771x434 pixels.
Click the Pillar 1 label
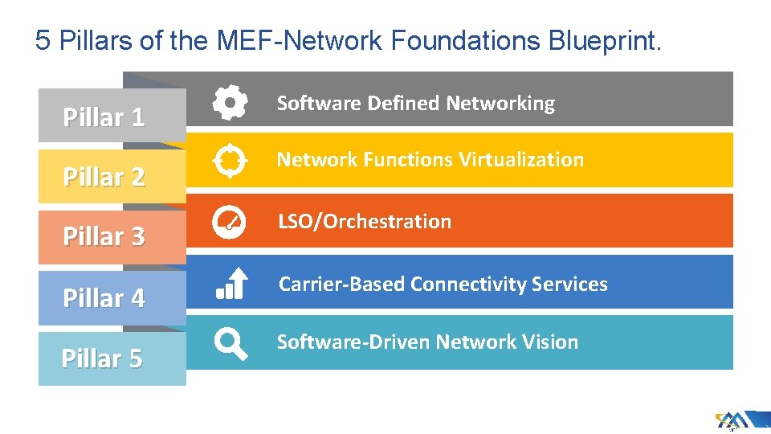pos(104,117)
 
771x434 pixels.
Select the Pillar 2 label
pos(104,177)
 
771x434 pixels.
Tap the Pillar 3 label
pos(104,236)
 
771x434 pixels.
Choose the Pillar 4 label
pos(104,298)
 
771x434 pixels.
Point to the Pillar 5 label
pos(102,358)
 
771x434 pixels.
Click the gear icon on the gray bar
pos(230,102)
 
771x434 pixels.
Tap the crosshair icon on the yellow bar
pos(230,161)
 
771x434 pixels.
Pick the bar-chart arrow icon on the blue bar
pos(230,284)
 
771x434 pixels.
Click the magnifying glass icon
pos(230,344)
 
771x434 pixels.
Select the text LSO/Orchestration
pos(365,222)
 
